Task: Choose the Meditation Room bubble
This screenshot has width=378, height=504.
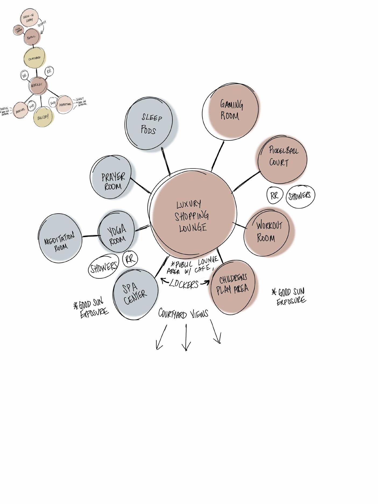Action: [x=60, y=238]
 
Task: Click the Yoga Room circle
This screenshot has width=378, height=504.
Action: [x=116, y=232]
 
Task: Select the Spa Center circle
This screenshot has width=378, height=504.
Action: [x=135, y=295]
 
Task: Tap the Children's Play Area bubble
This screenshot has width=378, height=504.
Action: [x=233, y=287]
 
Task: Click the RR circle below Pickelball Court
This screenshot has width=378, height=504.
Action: [x=274, y=196]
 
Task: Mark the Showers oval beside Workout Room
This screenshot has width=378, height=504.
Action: [x=300, y=196]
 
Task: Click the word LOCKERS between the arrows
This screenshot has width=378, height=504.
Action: [x=184, y=284]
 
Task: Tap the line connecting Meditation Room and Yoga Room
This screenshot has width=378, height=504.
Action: [x=90, y=236]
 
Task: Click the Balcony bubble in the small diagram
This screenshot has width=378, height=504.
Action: [x=43, y=117]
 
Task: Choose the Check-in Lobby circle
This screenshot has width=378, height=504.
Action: [x=29, y=18]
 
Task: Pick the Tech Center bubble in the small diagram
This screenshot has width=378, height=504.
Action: [x=19, y=30]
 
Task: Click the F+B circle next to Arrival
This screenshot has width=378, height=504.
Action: [x=31, y=106]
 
